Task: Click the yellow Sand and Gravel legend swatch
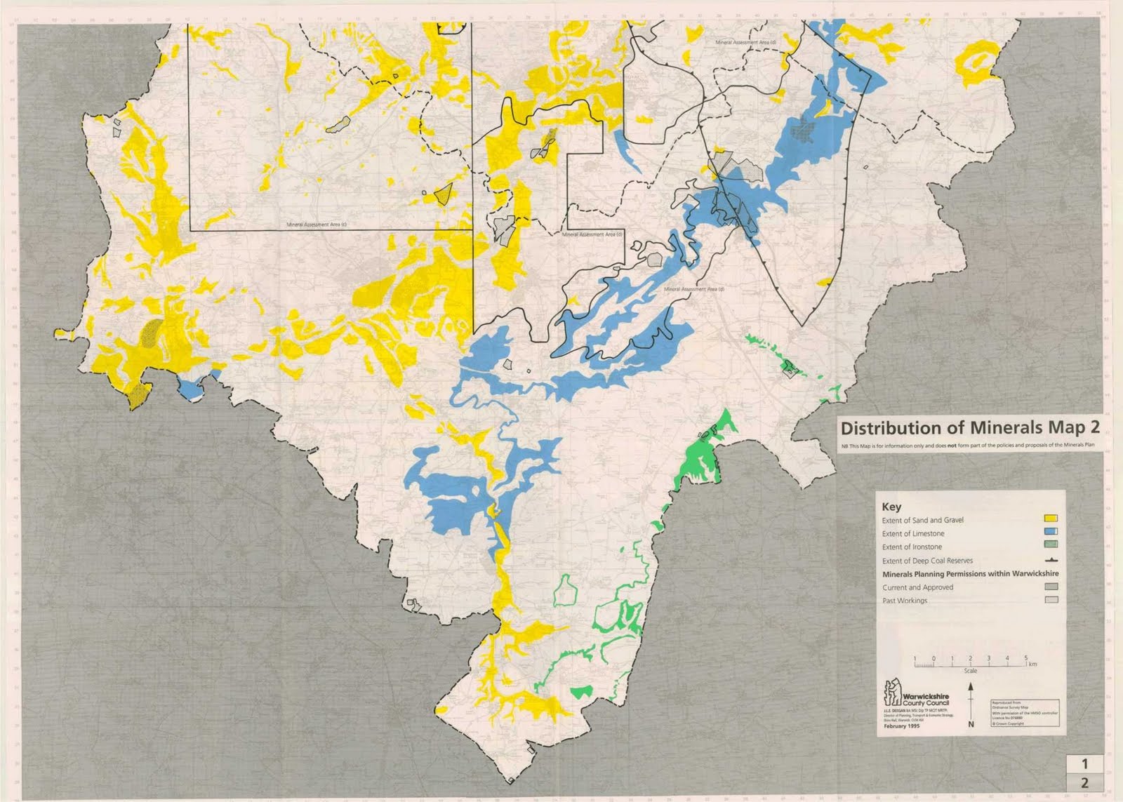pyautogui.click(x=1051, y=519)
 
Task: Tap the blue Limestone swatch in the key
pyautogui.click(x=1051, y=533)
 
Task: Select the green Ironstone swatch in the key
pyautogui.click(x=1051, y=546)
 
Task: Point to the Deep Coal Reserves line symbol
pyautogui.click(x=1051, y=560)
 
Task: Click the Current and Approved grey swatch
pyautogui.click(x=1051, y=587)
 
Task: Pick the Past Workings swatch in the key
pyautogui.click(x=1051, y=600)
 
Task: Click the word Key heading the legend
pyautogui.click(x=891, y=507)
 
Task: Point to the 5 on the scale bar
pyautogui.click(x=1025, y=658)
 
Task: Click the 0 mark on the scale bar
pyautogui.click(x=933, y=658)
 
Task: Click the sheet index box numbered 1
pyautogui.click(x=1084, y=763)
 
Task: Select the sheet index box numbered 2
pyautogui.click(x=1084, y=783)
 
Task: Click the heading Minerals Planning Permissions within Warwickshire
pyautogui.click(x=970, y=573)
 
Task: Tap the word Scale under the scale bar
pyautogui.click(x=970, y=671)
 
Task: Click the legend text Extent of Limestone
pyautogui.click(x=913, y=534)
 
